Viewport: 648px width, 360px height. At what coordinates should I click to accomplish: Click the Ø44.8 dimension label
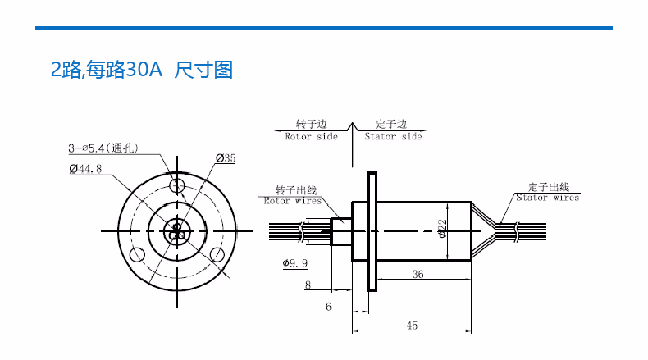[85, 169]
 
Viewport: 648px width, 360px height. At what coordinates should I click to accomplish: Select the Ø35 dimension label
[226, 158]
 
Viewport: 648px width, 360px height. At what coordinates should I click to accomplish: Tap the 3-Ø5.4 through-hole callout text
[103, 148]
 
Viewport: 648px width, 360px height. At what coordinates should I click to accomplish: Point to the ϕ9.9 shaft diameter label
[295, 263]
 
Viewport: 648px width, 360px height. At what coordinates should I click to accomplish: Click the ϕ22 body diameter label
[442, 229]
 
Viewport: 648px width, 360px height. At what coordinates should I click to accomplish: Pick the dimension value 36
[418, 274]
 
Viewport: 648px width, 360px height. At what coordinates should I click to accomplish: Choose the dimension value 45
[412, 326]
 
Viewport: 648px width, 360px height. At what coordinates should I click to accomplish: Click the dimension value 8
[308, 285]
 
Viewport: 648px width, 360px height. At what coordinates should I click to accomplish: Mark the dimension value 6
[328, 307]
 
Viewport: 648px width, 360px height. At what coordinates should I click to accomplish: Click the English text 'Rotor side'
[311, 137]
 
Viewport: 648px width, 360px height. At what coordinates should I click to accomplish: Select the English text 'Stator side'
[393, 137]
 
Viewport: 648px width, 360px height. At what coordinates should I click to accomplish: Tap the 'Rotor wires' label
[293, 201]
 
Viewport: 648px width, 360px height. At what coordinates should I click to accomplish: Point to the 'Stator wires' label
[548, 198]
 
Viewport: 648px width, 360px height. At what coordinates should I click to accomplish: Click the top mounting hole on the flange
[177, 186]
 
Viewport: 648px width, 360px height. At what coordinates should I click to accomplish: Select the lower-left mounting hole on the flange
[137, 254]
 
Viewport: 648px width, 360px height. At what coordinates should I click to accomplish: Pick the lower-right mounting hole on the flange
[217, 254]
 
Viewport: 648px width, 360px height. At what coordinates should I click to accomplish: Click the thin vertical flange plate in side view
[372, 231]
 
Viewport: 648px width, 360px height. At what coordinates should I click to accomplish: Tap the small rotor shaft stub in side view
[341, 231]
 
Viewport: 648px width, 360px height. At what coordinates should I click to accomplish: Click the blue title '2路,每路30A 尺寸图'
[142, 70]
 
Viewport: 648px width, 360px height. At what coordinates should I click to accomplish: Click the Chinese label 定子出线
[549, 187]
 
